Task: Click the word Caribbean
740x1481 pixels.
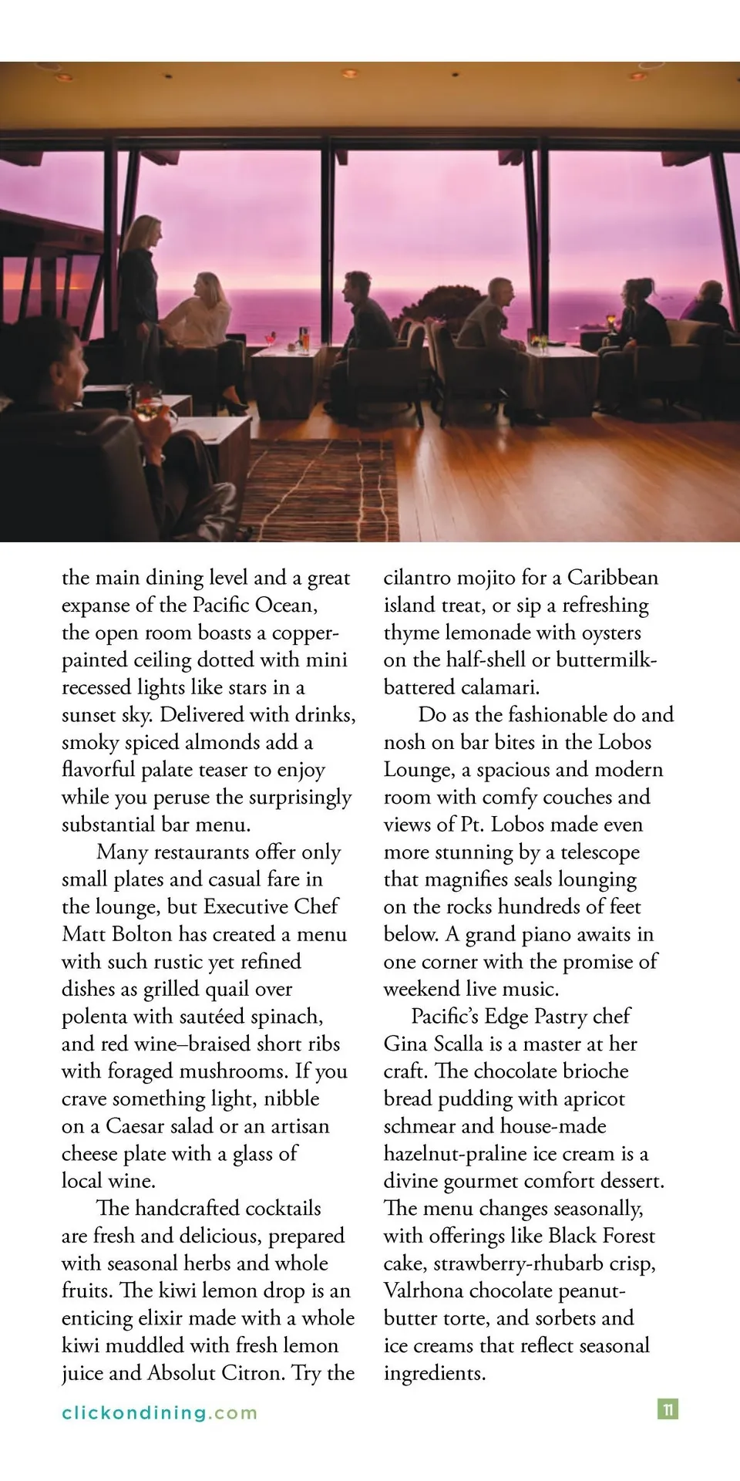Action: pyautogui.click(x=613, y=578)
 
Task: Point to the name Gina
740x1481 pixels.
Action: pyautogui.click(x=406, y=1044)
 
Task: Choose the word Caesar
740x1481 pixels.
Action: pyautogui.click(x=135, y=1127)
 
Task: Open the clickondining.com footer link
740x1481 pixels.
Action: pyautogui.click(x=160, y=1413)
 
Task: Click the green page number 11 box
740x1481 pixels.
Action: pyautogui.click(x=668, y=1409)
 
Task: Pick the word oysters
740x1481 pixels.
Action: pyautogui.click(x=607, y=633)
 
